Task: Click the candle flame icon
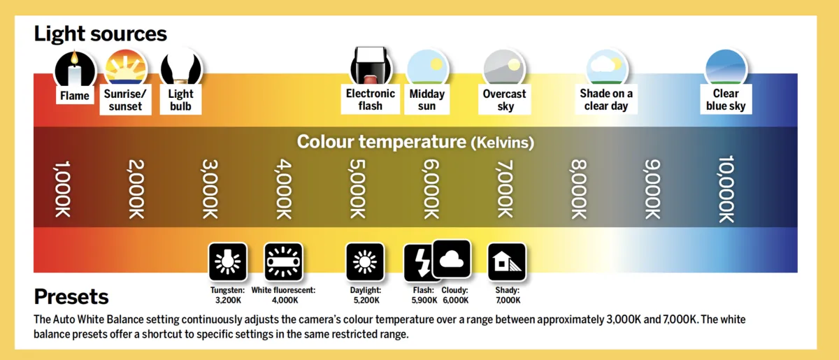click(x=75, y=68)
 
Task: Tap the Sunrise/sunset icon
click(x=126, y=68)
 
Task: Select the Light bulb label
click(x=180, y=99)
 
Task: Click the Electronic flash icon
click(x=371, y=68)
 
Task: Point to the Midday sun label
click(x=426, y=99)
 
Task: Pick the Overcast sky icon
click(x=503, y=68)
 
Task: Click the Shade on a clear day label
click(x=606, y=99)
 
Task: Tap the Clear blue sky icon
click(x=726, y=68)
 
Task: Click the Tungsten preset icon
click(x=228, y=262)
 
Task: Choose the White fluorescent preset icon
click(x=283, y=262)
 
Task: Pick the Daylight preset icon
click(x=365, y=262)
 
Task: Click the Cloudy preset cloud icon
click(x=452, y=259)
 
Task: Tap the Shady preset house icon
click(x=506, y=262)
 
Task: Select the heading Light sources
click(x=100, y=33)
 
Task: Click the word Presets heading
click(x=71, y=296)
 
